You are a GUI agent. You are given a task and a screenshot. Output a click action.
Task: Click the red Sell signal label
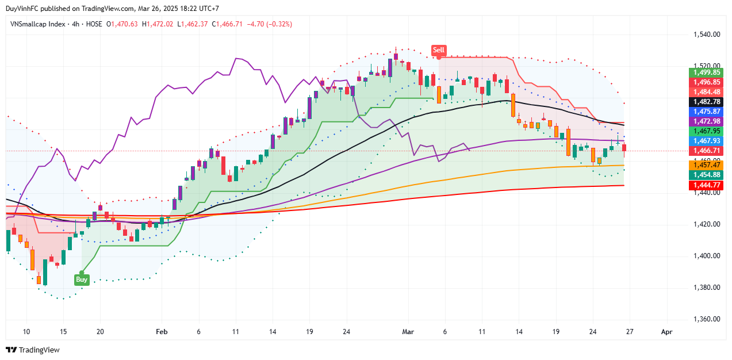[439, 50]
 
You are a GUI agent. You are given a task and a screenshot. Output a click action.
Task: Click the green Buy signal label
[82, 279]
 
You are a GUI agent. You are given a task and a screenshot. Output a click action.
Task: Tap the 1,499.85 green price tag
[706, 72]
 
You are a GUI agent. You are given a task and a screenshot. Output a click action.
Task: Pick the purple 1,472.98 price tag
[706, 121]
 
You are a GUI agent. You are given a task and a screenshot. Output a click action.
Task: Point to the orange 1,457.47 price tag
[706, 164]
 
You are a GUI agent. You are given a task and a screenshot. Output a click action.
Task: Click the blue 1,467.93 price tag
[706, 141]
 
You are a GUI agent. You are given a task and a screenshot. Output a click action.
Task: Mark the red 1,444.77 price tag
[706, 185]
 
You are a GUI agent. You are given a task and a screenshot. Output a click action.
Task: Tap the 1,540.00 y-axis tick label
[706, 35]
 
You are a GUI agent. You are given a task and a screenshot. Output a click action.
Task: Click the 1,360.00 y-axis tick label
[706, 319]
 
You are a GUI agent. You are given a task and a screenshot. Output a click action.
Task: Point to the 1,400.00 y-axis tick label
[706, 256]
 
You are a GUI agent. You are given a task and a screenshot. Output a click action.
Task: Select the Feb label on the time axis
[162, 332]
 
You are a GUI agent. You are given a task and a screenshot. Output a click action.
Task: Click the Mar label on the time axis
[408, 332]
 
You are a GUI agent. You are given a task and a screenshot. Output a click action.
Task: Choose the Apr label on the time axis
[666, 332]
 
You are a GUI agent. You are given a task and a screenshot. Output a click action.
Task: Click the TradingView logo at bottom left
[33, 350]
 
